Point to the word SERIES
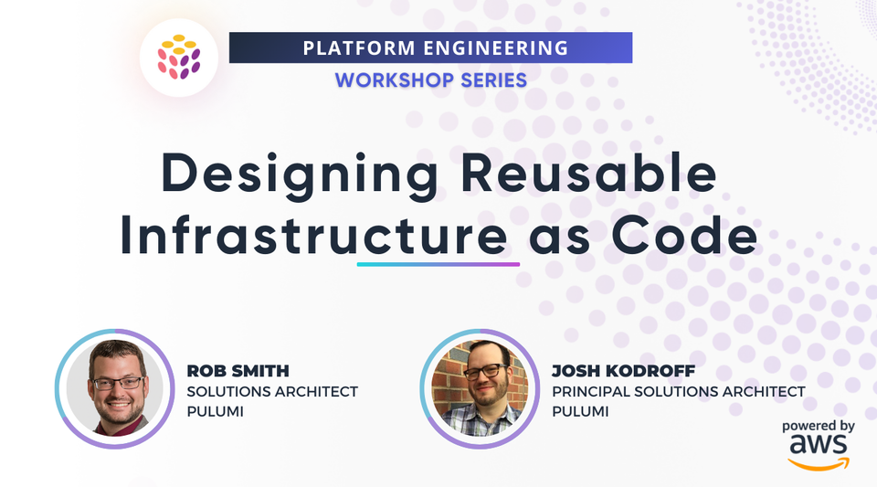click(490, 80)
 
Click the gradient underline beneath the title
click(438, 264)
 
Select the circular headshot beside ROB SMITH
click(115, 388)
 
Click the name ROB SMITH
click(238, 371)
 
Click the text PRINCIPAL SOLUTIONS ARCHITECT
click(679, 391)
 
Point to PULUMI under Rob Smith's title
click(215, 411)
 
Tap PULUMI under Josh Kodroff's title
click(580, 411)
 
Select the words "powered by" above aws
click(818, 425)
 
